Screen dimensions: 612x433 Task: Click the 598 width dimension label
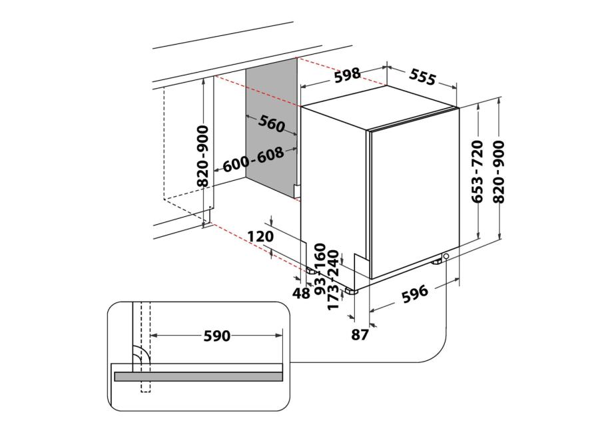(348, 74)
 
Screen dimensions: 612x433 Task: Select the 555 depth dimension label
(422, 77)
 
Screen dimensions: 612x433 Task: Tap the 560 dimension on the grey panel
(272, 124)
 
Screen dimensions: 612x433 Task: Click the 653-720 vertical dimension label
(477, 171)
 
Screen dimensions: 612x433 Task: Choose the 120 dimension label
(261, 237)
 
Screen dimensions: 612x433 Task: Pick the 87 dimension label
(360, 335)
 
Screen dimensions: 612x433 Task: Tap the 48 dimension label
(301, 292)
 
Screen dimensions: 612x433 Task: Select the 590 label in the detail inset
(217, 336)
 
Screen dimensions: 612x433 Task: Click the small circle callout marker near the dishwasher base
(446, 256)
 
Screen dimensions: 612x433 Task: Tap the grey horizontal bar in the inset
(198, 377)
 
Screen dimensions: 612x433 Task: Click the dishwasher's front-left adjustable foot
(351, 291)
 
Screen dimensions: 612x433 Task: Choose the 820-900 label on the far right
(499, 171)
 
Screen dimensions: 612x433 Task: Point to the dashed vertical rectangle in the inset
(145, 346)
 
